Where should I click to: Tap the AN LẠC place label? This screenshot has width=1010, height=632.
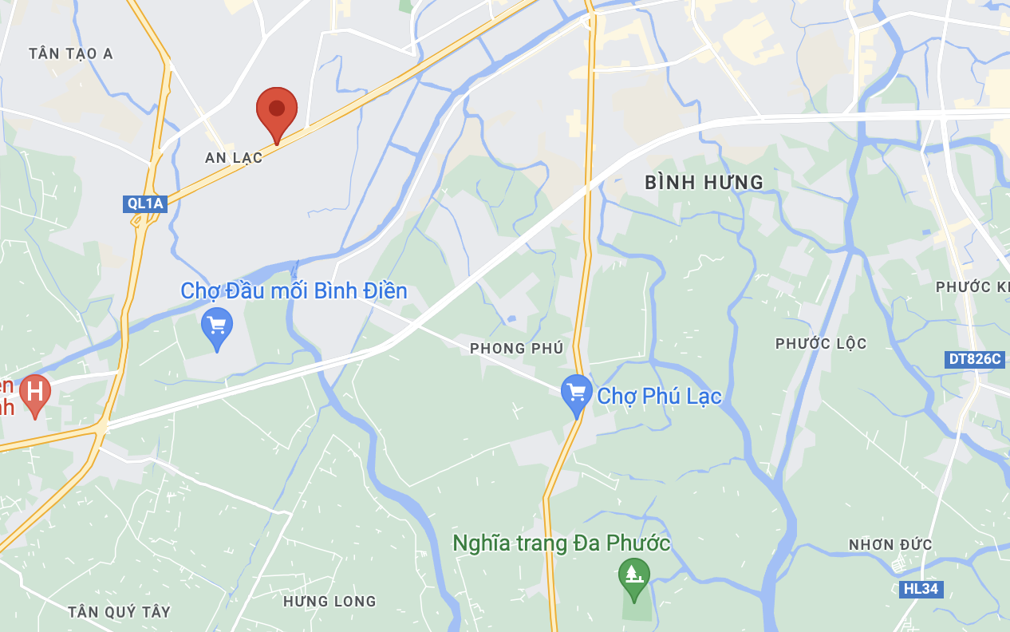(x=234, y=158)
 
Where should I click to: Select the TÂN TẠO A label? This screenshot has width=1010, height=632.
(x=71, y=53)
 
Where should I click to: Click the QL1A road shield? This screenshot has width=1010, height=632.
(x=145, y=203)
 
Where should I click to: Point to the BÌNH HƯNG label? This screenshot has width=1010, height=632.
(x=704, y=183)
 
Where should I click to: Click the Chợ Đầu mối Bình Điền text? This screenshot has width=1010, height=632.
(x=294, y=290)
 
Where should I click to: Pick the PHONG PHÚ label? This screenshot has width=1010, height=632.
(x=516, y=348)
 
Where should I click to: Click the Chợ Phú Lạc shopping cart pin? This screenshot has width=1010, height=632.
(x=576, y=393)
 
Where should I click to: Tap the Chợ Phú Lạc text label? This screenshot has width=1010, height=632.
(x=659, y=396)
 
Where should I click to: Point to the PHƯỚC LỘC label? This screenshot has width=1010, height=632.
(x=821, y=344)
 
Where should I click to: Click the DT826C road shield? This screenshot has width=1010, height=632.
(x=974, y=359)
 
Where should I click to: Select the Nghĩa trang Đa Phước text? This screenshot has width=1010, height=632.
(x=561, y=544)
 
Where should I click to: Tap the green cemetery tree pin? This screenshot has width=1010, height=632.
(x=634, y=575)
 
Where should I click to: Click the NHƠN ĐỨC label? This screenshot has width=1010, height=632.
(x=890, y=545)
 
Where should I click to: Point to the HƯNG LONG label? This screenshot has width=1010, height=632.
(x=329, y=601)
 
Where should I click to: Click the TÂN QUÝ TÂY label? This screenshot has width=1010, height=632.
(x=119, y=612)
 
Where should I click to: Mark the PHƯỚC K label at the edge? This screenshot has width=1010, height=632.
(x=972, y=286)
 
